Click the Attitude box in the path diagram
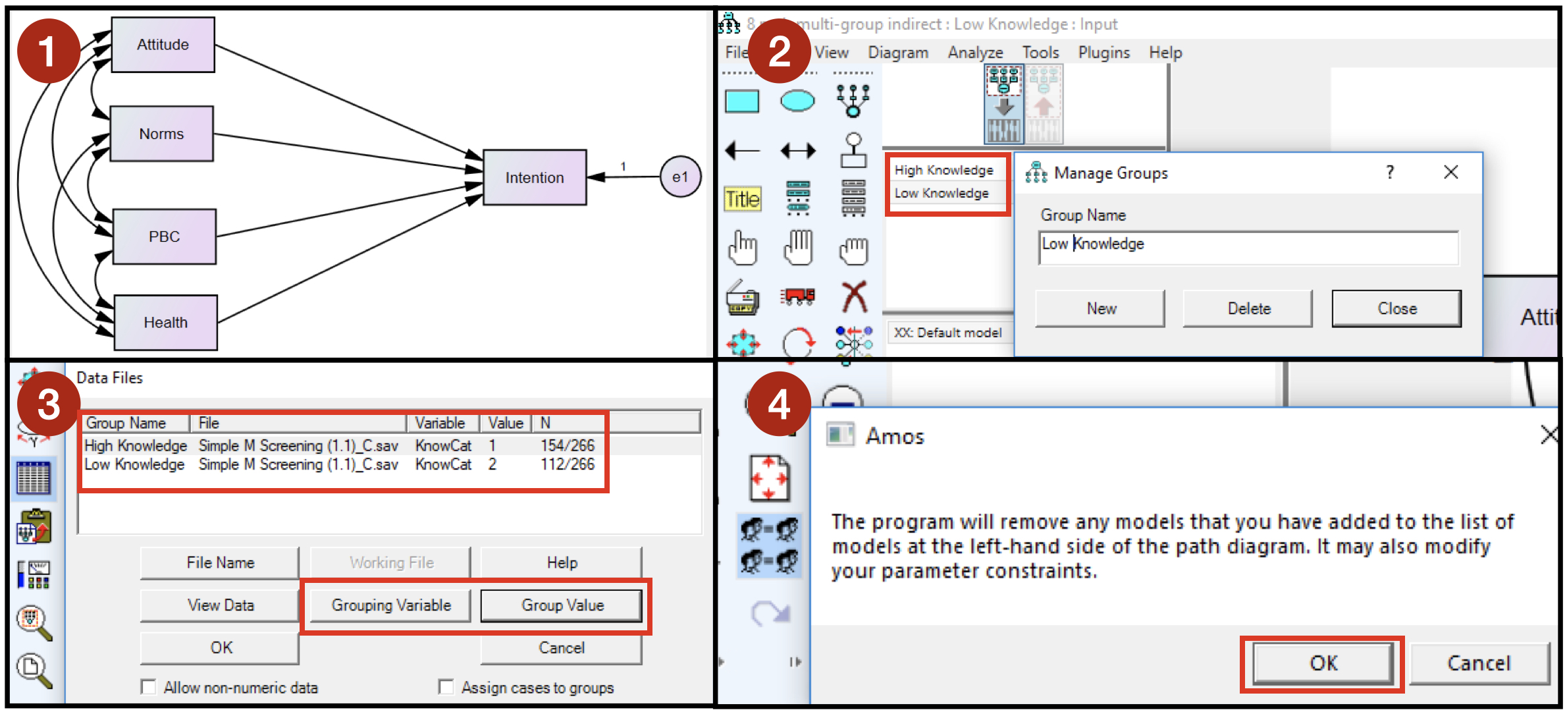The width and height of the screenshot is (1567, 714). pyautogui.click(x=163, y=45)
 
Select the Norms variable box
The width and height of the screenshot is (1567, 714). pyautogui.click(x=161, y=134)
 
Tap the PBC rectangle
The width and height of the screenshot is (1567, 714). pyautogui.click(x=164, y=236)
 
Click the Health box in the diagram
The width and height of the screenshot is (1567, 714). pyautogui.click(x=165, y=323)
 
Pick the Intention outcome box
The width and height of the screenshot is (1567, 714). pyautogui.click(x=534, y=178)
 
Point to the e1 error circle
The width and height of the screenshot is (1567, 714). pyautogui.click(x=680, y=177)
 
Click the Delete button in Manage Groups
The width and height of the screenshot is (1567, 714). pyautogui.click(x=1248, y=308)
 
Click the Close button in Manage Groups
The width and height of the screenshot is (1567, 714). pyautogui.click(x=1396, y=308)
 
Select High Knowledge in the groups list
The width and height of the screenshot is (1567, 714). pyautogui.click(x=943, y=170)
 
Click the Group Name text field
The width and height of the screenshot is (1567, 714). pyautogui.click(x=1248, y=247)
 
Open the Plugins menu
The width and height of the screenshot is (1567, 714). pyautogui.click(x=1103, y=53)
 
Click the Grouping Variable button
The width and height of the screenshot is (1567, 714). pyautogui.click(x=391, y=605)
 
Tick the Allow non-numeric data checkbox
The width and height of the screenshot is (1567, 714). pyautogui.click(x=149, y=688)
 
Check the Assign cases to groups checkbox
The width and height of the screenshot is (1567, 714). pyautogui.click(x=446, y=688)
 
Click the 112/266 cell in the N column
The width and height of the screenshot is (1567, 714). pyautogui.click(x=567, y=464)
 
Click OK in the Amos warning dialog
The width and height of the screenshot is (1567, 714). pyautogui.click(x=1323, y=663)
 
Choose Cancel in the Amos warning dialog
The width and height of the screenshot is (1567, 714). pyautogui.click(x=1478, y=663)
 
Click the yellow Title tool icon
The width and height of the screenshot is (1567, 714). pyautogui.click(x=743, y=199)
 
